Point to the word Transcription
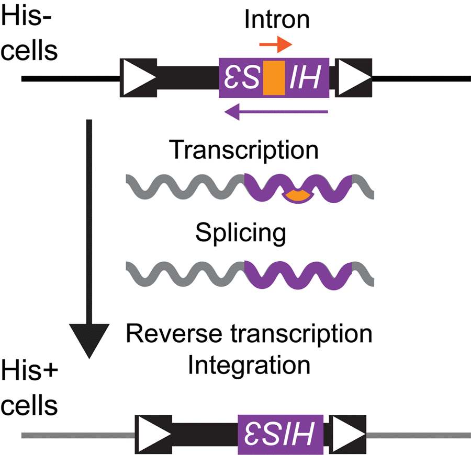(244, 150)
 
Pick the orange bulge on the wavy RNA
(296, 196)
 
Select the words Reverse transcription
(249, 334)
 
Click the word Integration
(249, 365)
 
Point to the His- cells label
(29, 37)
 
